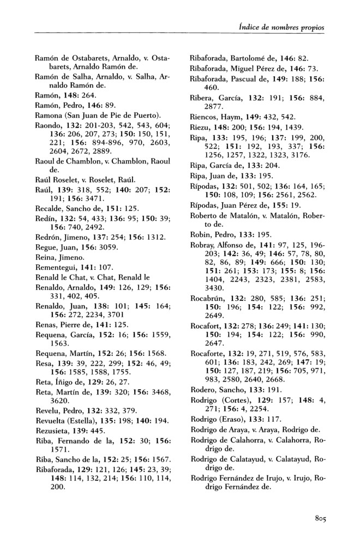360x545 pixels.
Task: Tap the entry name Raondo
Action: click(x=49, y=124)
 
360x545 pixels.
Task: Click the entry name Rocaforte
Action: click(x=207, y=368)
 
